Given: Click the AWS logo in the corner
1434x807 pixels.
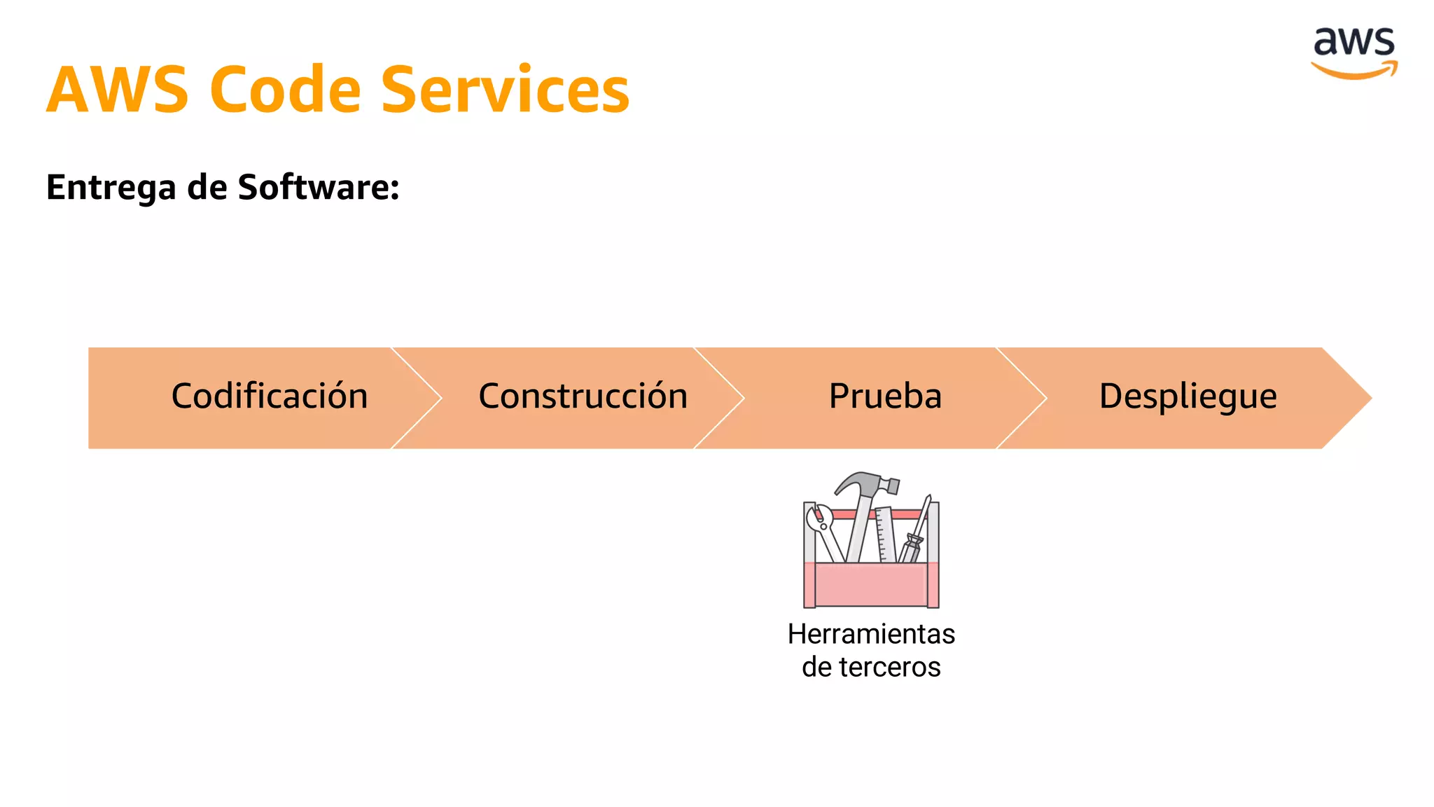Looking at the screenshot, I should coord(1354,53).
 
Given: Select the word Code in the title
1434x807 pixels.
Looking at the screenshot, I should coord(285,90).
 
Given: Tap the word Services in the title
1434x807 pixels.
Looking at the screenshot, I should coord(505,90).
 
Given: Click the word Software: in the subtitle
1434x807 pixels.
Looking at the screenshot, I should coord(319,187).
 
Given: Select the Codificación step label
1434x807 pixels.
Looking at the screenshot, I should coord(270,396).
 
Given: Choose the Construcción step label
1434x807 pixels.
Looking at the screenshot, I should coord(583,396).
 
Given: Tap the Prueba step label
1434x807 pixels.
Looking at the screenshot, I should coord(885,396).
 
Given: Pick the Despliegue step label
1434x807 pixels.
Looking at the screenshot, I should coord(1188,396).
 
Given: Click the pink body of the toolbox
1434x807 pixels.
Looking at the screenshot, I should coord(871,585).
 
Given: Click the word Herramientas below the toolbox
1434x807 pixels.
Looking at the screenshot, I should coord(871,634).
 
